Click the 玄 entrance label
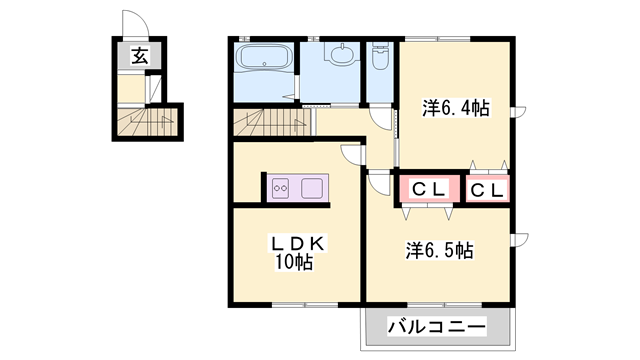coord(140,56)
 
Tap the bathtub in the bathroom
coord(264,56)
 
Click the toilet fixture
coord(380,56)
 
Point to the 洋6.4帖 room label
coord(456,109)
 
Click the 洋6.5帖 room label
coord(440,250)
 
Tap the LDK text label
coord(298,244)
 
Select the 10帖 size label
coord(294,262)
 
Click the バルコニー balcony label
coord(437,327)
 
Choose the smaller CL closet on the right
coord(488,190)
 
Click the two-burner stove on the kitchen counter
coord(280,189)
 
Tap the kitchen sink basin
coord(312,188)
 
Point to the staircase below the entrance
coord(147,121)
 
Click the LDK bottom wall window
coord(305,305)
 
